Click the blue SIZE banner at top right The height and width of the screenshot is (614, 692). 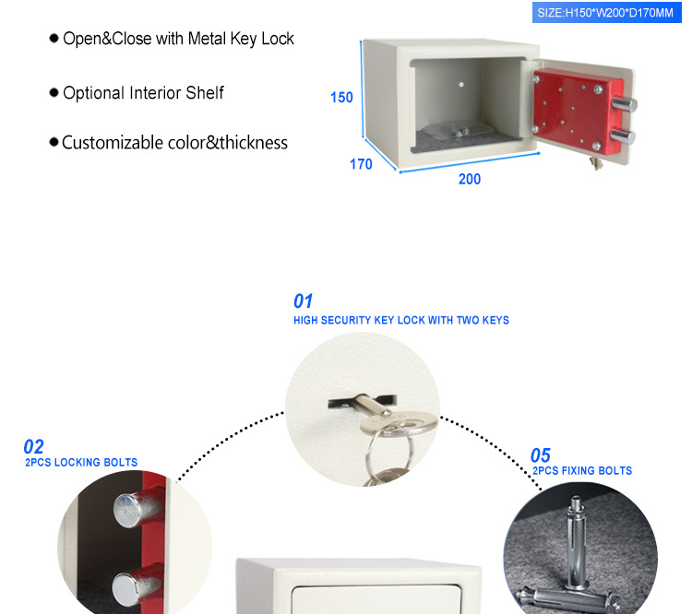click(x=605, y=12)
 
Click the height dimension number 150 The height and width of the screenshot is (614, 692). click(x=341, y=97)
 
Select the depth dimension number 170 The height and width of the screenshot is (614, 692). click(x=361, y=164)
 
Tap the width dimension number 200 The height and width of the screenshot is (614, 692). click(x=470, y=179)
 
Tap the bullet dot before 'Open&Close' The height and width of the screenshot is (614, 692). click(x=54, y=39)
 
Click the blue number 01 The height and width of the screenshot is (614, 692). click(x=304, y=301)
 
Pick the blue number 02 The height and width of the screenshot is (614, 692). click(x=33, y=447)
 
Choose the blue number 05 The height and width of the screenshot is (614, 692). click(x=540, y=455)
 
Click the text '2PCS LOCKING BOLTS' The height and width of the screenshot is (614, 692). click(x=81, y=463)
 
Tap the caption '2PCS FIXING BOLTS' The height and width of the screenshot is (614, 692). click(x=582, y=471)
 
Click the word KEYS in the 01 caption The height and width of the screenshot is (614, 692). click(x=492, y=321)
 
